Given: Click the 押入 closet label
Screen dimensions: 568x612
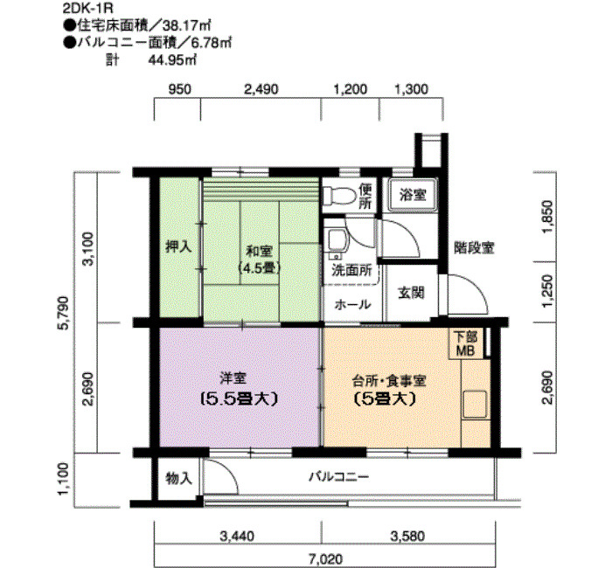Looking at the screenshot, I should pyautogui.click(x=178, y=247).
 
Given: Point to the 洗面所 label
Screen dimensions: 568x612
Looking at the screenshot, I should pyautogui.click(x=353, y=271).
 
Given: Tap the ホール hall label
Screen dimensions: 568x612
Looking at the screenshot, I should pyautogui.click(x=352, y=305).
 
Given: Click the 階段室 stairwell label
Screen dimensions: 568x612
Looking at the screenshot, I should pyautogui.click(x=474, y=248).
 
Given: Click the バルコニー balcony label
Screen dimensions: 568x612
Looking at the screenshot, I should pyautogui.click(x=338, y=478).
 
